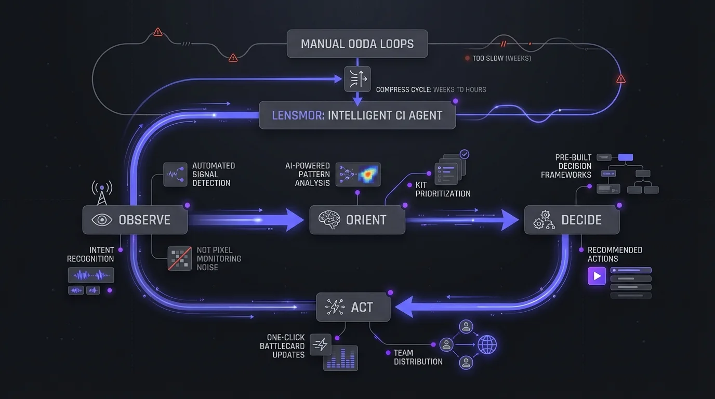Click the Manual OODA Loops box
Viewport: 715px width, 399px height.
[x=357, y=44]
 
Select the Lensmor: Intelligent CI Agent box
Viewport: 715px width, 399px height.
[x=357, y=115]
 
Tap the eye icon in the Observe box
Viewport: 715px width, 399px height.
[x=102, y=220]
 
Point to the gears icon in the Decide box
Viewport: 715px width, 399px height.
[x=544, y=220]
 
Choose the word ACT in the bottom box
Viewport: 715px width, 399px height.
[x=362, y=307]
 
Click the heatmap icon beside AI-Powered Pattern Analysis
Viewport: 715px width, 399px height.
[x=358, y=175]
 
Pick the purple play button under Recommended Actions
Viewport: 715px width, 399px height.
[x=597, y=276]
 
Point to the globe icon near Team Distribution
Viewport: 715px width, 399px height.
[x=487, y=344]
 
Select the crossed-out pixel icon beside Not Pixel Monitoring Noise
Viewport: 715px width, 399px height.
[x=180, y=258]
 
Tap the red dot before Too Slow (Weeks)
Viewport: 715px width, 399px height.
[x=467, y=59]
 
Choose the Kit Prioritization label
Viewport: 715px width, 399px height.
[x=443, y=189]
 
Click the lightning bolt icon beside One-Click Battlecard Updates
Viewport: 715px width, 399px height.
[x=320, y=344]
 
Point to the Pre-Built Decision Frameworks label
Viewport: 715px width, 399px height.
[x=566, y=166]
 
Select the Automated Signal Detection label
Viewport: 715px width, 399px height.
[x=214, y=174]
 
